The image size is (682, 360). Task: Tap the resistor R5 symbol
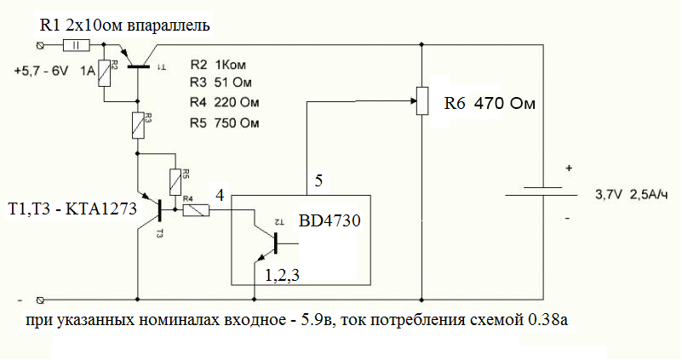point(175,180)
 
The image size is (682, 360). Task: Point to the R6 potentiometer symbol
point(422,100)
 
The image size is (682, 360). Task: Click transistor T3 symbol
point(157,207)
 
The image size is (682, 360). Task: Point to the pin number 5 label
point(318,181)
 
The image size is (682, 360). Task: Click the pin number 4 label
point(220,195)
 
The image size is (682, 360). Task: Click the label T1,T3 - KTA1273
point(72,207)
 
